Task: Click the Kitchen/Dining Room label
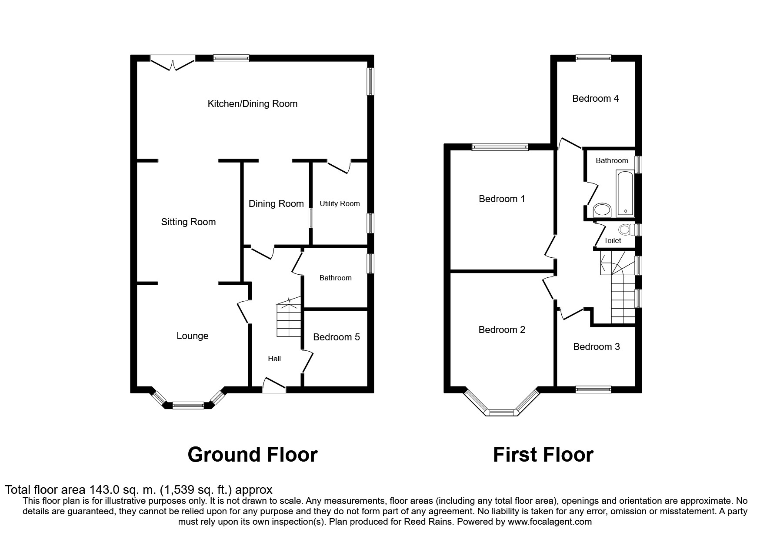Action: tap(252, 104)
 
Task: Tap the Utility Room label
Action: tap(340, 203)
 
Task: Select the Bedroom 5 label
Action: tap(336, 337)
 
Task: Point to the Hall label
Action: tap(274, 359)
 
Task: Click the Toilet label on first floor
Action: tap(612, 240)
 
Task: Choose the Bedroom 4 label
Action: tap(595, 99)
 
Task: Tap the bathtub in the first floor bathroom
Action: tap(625, 194)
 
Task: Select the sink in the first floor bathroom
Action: tap(602, 210)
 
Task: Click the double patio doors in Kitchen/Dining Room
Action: tap(173, 63)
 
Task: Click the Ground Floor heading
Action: tap(253, 455)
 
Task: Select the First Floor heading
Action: tap(543, 455)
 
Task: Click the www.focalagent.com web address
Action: tap(550, 522)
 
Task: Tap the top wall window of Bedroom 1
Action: tap(500, 147)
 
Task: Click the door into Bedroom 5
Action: tap(308, 362)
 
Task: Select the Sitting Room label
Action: tap(188, 222)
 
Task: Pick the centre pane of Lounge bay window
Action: tap(188, 406)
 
